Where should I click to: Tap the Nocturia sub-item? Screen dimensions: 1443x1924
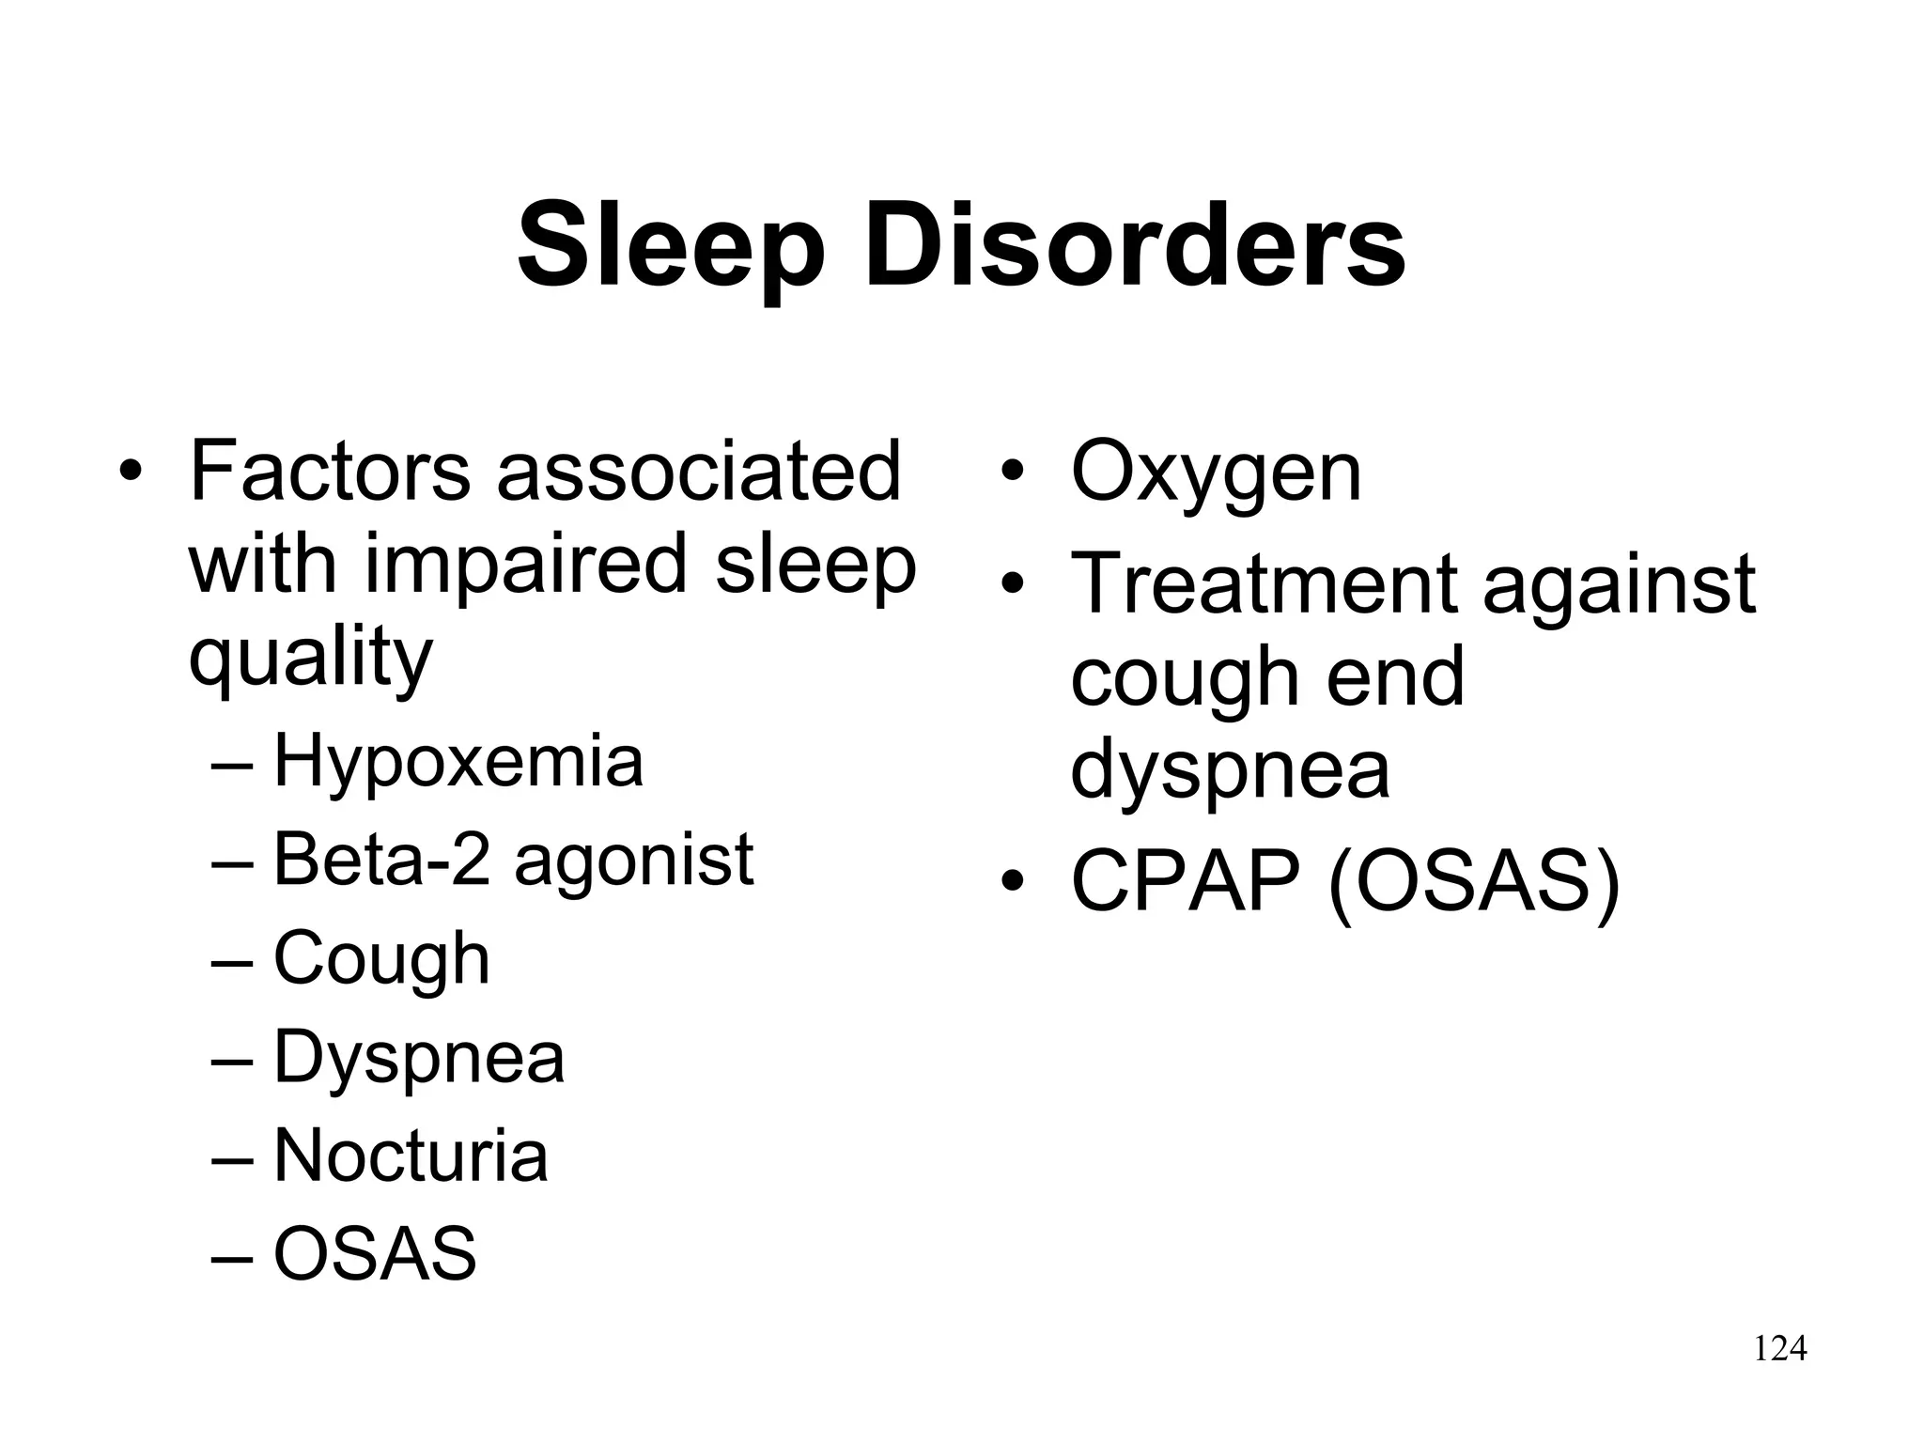pos(411,1156)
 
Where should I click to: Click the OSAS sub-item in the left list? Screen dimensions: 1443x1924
pos(375,1253)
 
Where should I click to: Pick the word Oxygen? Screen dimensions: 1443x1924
pos(1216,473)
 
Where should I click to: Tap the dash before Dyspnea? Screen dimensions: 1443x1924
pos(232,1059)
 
